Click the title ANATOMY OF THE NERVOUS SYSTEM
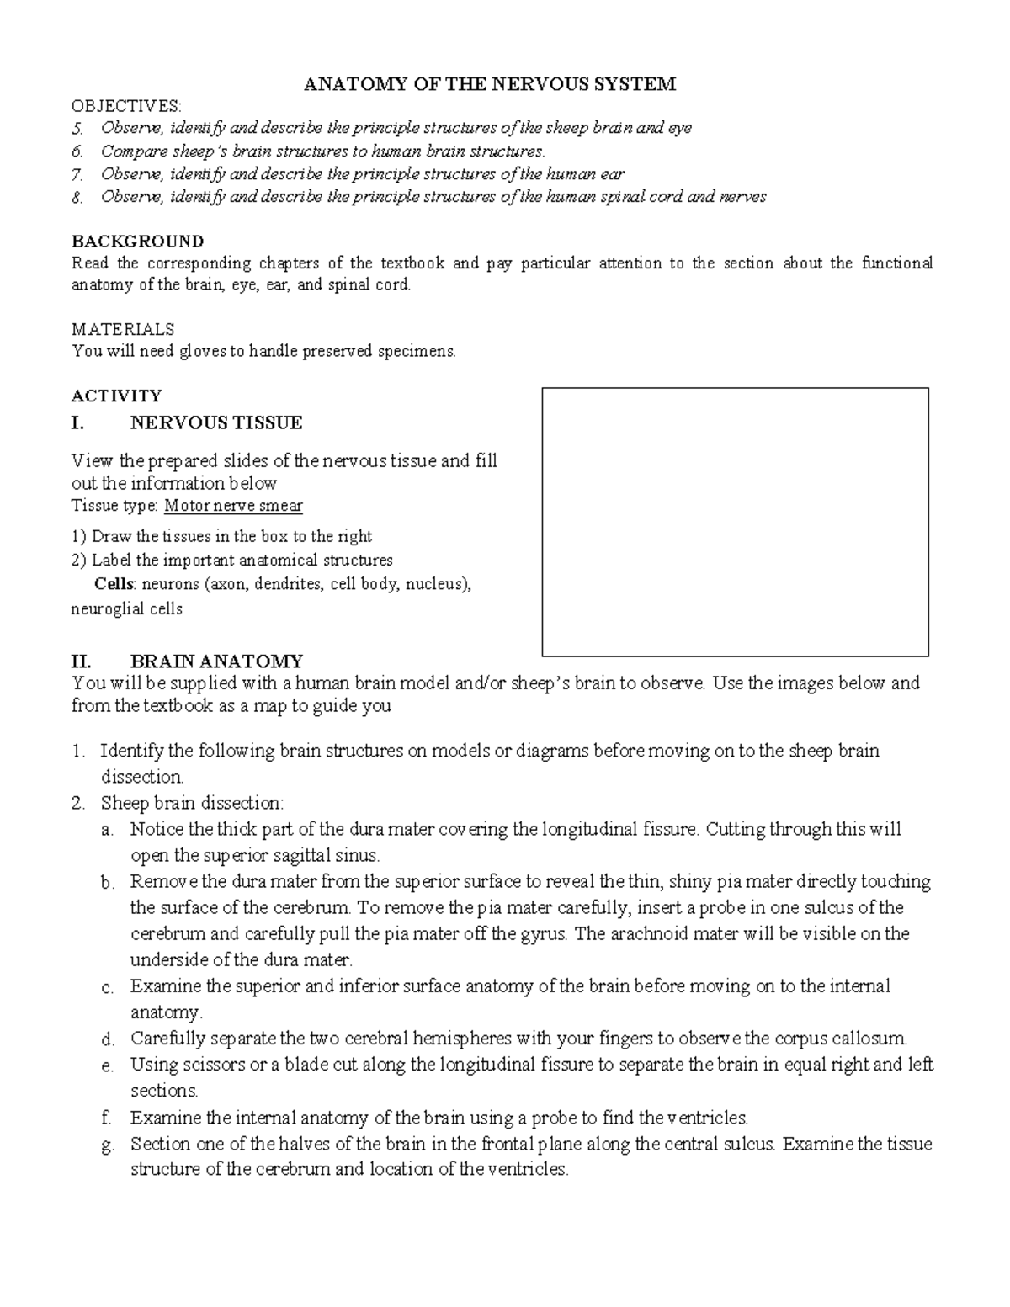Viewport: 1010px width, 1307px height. pos(489,83)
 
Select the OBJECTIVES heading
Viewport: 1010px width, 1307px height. pos(126,105)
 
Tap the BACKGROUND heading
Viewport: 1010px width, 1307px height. pos(137,242)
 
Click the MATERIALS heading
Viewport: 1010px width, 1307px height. pos(123,329)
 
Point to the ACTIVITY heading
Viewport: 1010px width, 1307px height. pos(116,396)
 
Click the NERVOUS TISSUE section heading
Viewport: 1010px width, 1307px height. pos(215,422)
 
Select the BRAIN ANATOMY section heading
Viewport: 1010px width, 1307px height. pos(216,661)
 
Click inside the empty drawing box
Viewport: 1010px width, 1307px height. pos(735,522)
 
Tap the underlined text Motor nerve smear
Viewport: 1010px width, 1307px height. pos(233,507)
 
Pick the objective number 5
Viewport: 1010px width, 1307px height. pos(77,129)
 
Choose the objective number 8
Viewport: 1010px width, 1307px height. pos(77,198)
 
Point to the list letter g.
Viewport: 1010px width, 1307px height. pos(105,1145)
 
